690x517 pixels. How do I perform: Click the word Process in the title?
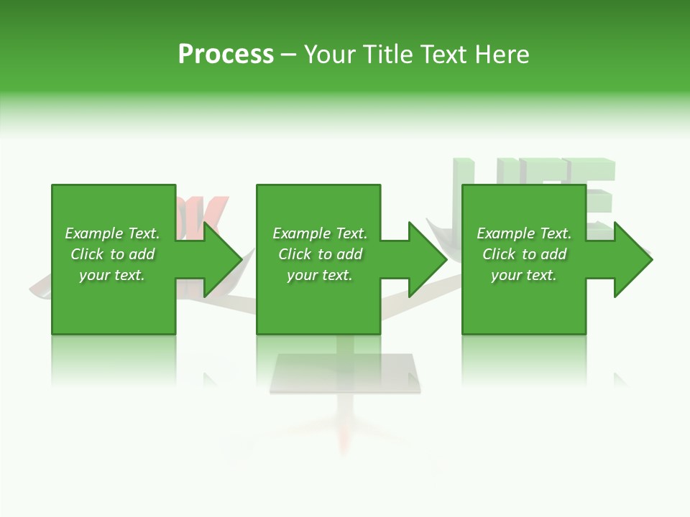click(226, 55)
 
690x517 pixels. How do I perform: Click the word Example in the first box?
click(94, 233)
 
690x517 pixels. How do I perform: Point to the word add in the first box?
click(142, 254)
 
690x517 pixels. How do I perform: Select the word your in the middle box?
click(301, 275)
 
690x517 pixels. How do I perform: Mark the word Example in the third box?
click(506, 233)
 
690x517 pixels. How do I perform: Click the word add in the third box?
click(553, 254)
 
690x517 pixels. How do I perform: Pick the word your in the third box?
click(505, 275)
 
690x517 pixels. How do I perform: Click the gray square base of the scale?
click(345, 374)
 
